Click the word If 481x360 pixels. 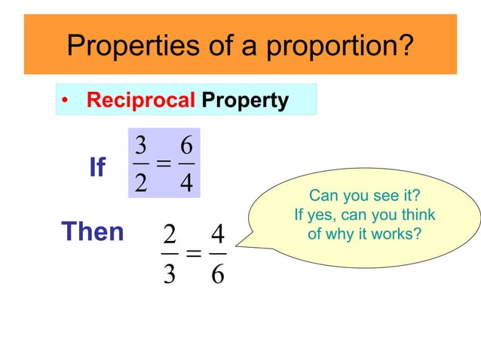pos(97,167)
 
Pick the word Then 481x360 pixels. pos(92,231)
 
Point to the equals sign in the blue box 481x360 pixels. pos(164,164)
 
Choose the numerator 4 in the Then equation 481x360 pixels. pos(217,236)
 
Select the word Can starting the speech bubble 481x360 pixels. pos(322,197)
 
